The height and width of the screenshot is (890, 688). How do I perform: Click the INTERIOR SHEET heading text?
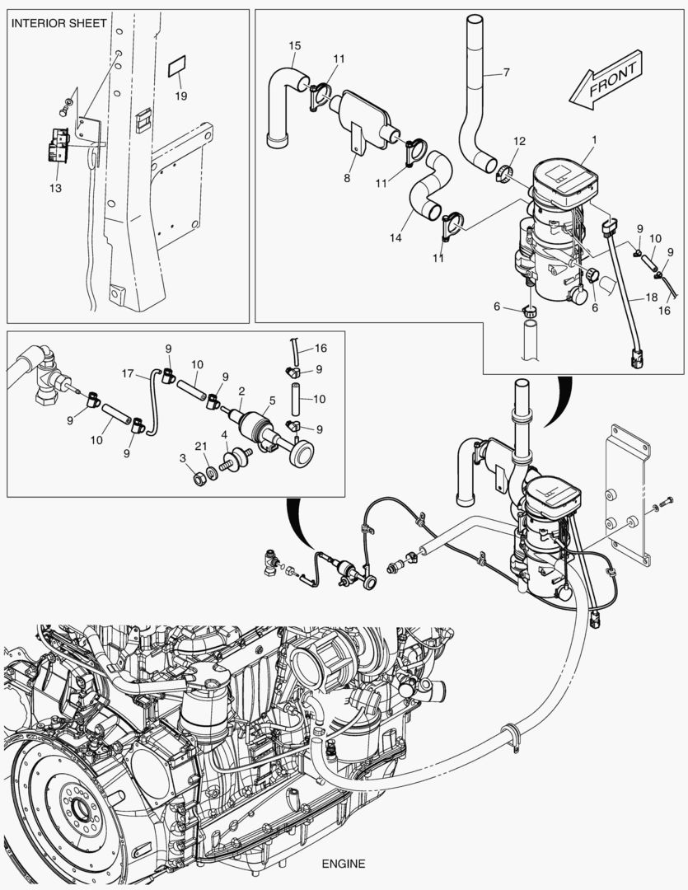[59, 23]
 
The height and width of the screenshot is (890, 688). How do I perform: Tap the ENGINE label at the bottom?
[344, 864]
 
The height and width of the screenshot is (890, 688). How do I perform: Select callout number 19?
[180, 96]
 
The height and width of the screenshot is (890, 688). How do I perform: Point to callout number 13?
[56, 188]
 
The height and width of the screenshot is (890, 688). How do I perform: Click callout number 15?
[294, 44]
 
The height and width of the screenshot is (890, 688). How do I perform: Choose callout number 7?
[506, 73]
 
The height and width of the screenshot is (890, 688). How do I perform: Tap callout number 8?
[348, 178]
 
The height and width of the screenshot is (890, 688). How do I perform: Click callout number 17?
[129, 373]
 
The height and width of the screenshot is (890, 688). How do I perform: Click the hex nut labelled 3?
[200, 478]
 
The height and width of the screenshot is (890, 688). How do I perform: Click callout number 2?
[241, 390]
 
